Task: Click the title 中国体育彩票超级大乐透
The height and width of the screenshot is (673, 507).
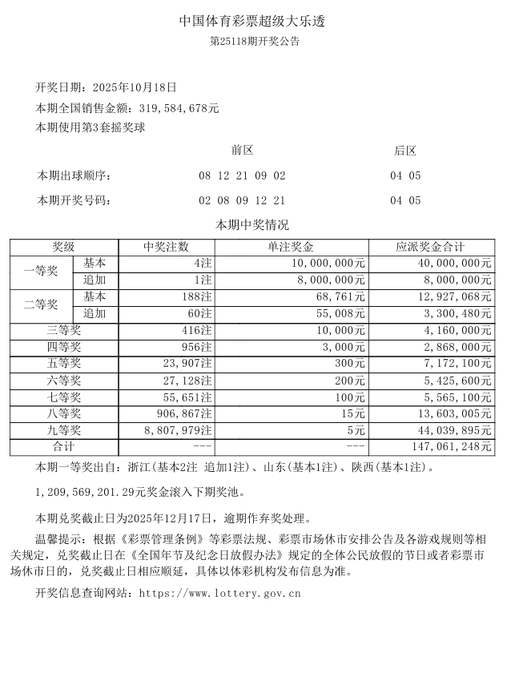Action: (253, 22)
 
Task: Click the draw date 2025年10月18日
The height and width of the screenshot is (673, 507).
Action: (135, 87)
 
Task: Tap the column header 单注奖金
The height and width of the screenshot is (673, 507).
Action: (291, 247)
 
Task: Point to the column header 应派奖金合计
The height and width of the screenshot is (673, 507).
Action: (430, 247)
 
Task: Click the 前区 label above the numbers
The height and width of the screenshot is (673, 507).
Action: (242, 151)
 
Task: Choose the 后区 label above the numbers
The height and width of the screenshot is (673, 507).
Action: (405, 151)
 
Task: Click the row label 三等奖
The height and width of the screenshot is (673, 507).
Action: (64, 330)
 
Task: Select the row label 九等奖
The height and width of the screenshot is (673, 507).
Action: (64, 430)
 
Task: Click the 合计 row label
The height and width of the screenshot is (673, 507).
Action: (64, 447)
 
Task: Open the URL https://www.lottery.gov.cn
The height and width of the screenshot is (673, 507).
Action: (219, 594)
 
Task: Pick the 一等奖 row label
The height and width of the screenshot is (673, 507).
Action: (41, 272)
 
